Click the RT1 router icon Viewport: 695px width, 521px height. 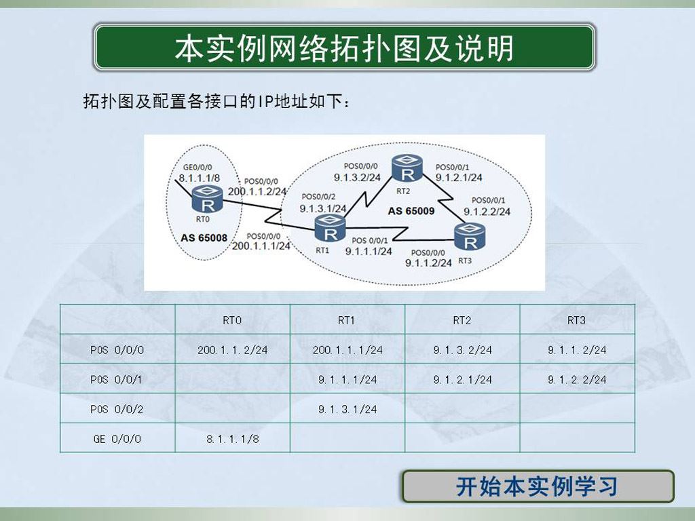coord(330,228)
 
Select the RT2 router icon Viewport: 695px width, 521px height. coord(407,168)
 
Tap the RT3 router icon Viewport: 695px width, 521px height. coord(470,237)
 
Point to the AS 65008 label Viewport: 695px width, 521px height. coord(204,238)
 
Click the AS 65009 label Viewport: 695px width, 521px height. coord(411,211)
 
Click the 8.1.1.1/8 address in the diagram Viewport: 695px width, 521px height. coord(200,178)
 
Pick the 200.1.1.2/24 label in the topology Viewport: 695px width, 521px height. coord(257,191)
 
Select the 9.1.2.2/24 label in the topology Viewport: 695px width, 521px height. coord(487,212)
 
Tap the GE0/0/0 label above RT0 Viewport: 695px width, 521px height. coord(198,168)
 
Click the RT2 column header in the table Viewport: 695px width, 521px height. coord(462,320)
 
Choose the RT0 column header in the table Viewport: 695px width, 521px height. coord(232,320)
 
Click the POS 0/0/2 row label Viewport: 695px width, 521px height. coord(117,409)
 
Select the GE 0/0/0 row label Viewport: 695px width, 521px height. coord(117,439)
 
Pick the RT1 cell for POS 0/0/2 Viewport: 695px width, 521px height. coord(347,409)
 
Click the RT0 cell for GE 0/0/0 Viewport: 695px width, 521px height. coord(233,439)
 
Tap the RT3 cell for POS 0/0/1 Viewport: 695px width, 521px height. coord(577,380)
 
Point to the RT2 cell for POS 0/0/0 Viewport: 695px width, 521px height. coord(463,350)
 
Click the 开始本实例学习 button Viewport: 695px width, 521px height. coord(538,486)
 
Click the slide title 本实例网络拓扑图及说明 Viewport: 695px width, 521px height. coord(344,47)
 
